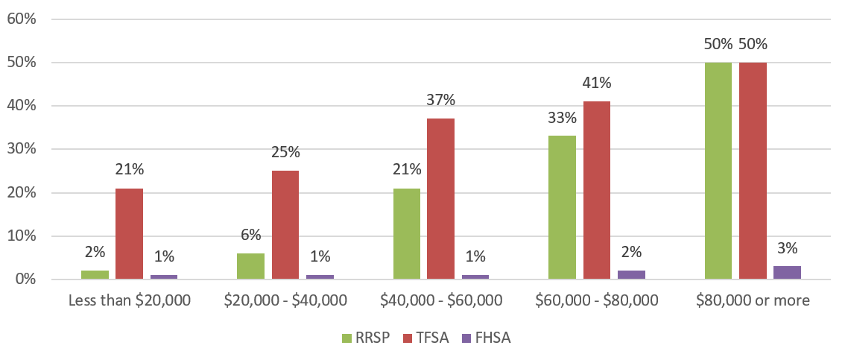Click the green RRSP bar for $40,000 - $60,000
pos(406,234)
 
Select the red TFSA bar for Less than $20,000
pos(129,234)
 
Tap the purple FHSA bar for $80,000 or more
pos(787,273)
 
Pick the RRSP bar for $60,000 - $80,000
pos(562,208)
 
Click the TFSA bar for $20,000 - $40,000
pos(285,225)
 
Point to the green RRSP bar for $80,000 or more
pos(718,171)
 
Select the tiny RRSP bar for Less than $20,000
pos(95,275)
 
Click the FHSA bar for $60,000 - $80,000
pos(631,275)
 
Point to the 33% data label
pos(562,118)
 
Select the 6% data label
pos(250,235)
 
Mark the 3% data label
pos(787,248)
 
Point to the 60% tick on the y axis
pos(22,19)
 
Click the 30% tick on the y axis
pos(22,149)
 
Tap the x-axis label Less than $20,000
pos(130,301)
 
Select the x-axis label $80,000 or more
pos(753,301)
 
